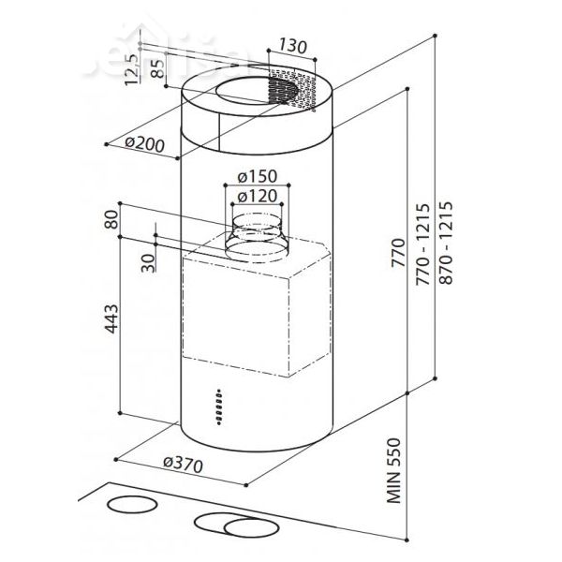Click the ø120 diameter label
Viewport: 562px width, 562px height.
[x=256, y=196]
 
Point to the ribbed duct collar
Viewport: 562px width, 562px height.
[x=255, y=235]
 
